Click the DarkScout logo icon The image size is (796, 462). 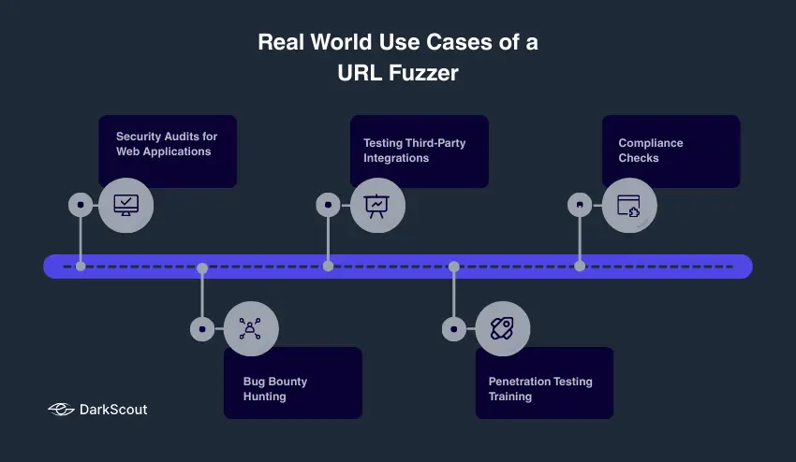(x=61, y=410)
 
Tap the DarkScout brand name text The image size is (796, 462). (x=113, y=410)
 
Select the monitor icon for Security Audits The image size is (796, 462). (x=125, y=205)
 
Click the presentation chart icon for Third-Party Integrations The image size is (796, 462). (x=377, y=205)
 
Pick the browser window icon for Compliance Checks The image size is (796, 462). (x=628, y=205)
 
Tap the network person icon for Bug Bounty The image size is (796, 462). (x=251, y=328)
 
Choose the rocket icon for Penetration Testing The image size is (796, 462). (x=503, y=328)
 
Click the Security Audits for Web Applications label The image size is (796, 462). (x=167, y=144)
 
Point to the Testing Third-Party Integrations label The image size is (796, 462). (x=415, y=151)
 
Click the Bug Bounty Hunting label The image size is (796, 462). (x=275, y=389)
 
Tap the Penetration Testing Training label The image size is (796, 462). (x=540, y=389)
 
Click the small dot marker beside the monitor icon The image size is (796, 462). (x=81, y=204)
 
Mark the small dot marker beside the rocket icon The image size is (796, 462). (x=454, y=329)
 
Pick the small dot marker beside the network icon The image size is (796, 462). (x=202, y=329)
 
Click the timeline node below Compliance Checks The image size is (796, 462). (x=580, y=267)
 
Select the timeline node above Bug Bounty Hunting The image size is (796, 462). (x=202, y=267)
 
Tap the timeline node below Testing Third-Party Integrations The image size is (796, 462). (x=328, y=267)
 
